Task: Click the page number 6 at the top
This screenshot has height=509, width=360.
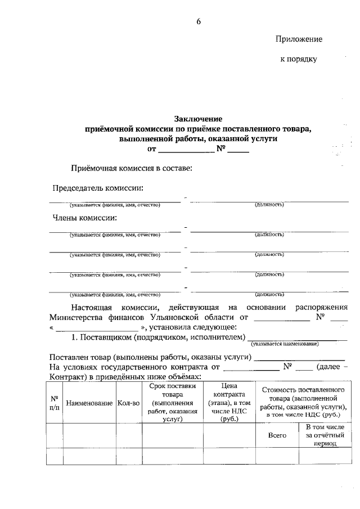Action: tap(198, 21)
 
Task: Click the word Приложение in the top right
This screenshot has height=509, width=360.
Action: tap(299, 39)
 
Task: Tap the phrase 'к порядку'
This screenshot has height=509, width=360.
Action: tap(299, 58)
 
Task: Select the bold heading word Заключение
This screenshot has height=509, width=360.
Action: tap(198, 119)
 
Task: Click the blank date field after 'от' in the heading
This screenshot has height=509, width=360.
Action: tap(186, 150)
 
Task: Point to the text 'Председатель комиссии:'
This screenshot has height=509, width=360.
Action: tap(98, 188)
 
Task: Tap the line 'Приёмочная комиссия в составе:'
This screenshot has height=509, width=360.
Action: tap(131, 168)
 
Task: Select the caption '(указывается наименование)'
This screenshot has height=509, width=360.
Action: tap(285, 344)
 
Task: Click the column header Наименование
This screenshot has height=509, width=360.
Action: tap(89, 403)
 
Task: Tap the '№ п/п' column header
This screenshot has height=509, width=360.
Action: tap(54, 403)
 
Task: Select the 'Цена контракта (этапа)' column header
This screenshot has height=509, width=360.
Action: tap(228, 403)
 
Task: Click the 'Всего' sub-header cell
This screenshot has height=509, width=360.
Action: tap(277, 435)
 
